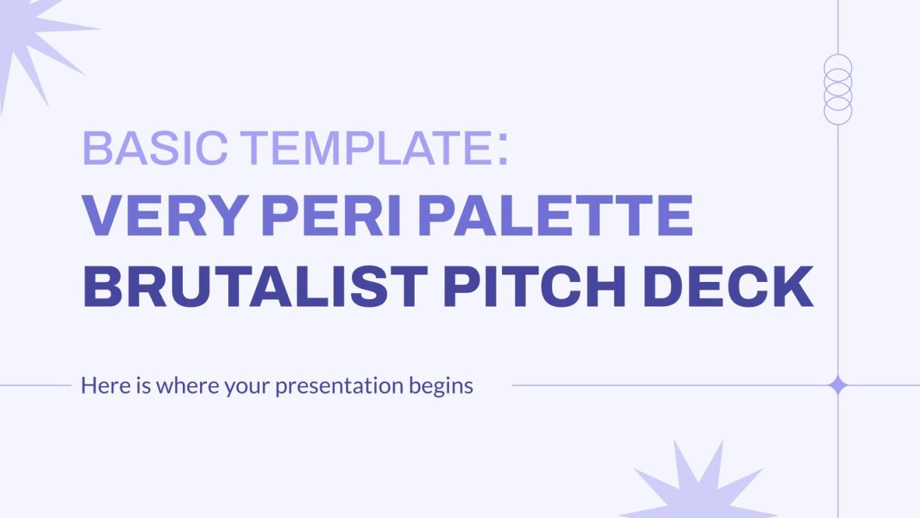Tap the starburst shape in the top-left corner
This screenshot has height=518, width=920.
pyautogui.click(x=31, y=38)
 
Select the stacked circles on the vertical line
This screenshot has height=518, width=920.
pyautogui.click(x=837, y=89)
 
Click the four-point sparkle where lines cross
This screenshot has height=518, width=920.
pyautogui.click(x=837, y=385)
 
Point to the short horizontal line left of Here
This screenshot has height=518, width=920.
pyautogui.click(x=34, y=385)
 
